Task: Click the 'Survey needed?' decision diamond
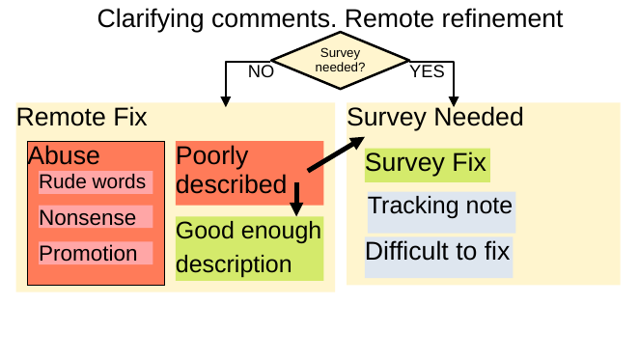pyautogui.click(x=341, y=62)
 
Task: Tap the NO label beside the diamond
pyautogui.click(x=261, y=71)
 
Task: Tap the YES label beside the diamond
pyautogui.click(x=426, y=71)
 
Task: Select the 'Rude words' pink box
pyautogui.click(x=94, y=182)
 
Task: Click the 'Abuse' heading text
pyautogui.click(x=64, y=155)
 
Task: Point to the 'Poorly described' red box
pyautogui.click(x=248, y=172)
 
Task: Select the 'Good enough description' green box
pyautogui.click(x=248, y=248)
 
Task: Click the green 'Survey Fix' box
pyautogui.click(x=427, y=163)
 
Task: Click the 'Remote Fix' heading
pyautogui.click(x=82, y=118)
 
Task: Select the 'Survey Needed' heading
pyautogui.click(x=434, y=118)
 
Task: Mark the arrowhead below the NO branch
pyautogui.click(x=226, y=98)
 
